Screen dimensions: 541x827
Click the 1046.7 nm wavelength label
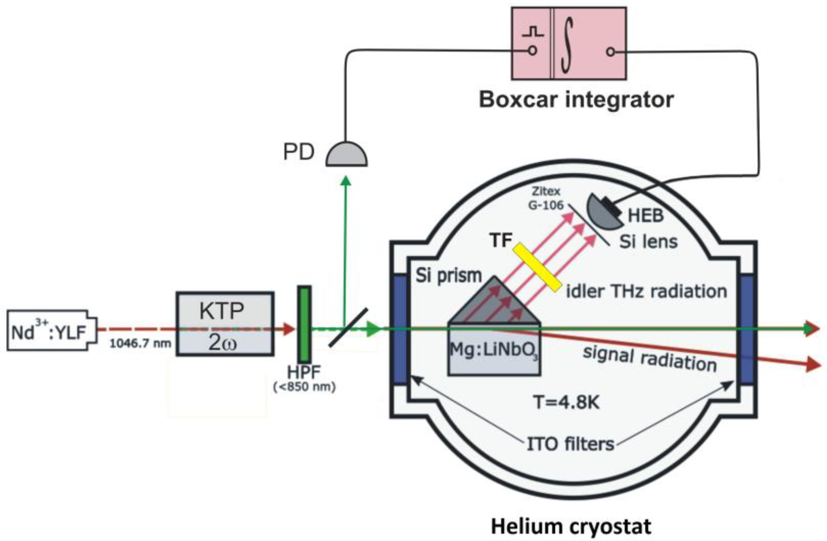(140, 344)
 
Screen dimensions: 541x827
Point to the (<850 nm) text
(304, 387)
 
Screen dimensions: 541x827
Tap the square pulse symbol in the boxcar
(533, 32)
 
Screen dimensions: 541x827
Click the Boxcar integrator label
(577, 100)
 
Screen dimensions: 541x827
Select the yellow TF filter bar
(536, 267)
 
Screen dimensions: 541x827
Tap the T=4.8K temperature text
(567, 403)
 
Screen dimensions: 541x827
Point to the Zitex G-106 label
(546, 198)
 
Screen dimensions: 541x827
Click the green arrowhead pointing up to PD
(346, 181)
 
